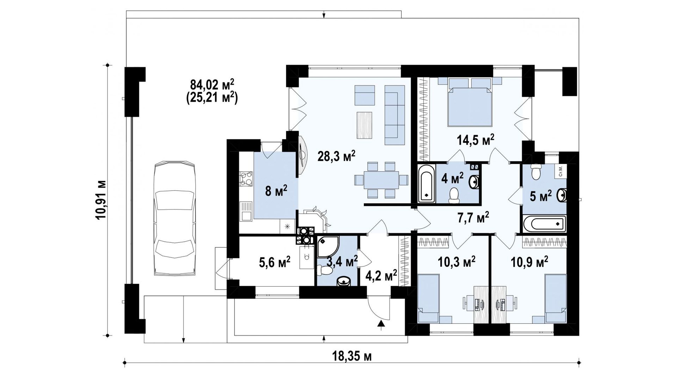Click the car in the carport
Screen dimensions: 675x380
(x=174, y=218)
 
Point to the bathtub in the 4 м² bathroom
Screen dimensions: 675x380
(x=426, y=184)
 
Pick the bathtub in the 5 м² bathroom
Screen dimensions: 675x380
(x=544, y=223)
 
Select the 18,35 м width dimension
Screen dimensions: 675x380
(x=352, y=356)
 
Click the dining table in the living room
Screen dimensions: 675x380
(x=381, y=180)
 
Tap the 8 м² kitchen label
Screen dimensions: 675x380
(x=276, y=192)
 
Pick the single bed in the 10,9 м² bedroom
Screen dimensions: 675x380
(x=555, y=299)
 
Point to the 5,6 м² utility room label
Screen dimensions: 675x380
(x=275, y=262)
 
